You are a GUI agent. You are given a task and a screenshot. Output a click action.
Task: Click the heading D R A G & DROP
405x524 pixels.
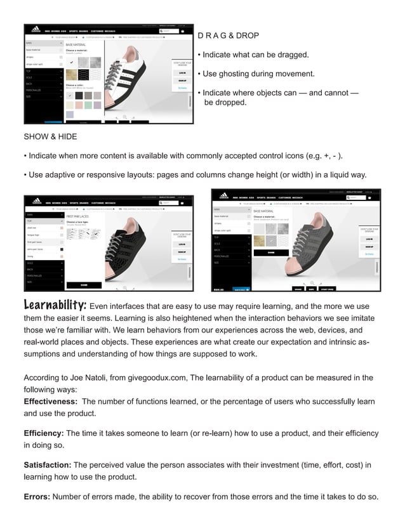click(x=228, y=36)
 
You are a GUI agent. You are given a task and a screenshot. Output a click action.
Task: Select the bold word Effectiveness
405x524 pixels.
click(x=50, y=402)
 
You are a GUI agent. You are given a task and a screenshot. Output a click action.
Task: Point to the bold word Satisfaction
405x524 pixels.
click(x=48, y=465)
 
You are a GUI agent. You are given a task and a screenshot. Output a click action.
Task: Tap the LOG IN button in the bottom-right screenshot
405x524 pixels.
click(x=369, y=239)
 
